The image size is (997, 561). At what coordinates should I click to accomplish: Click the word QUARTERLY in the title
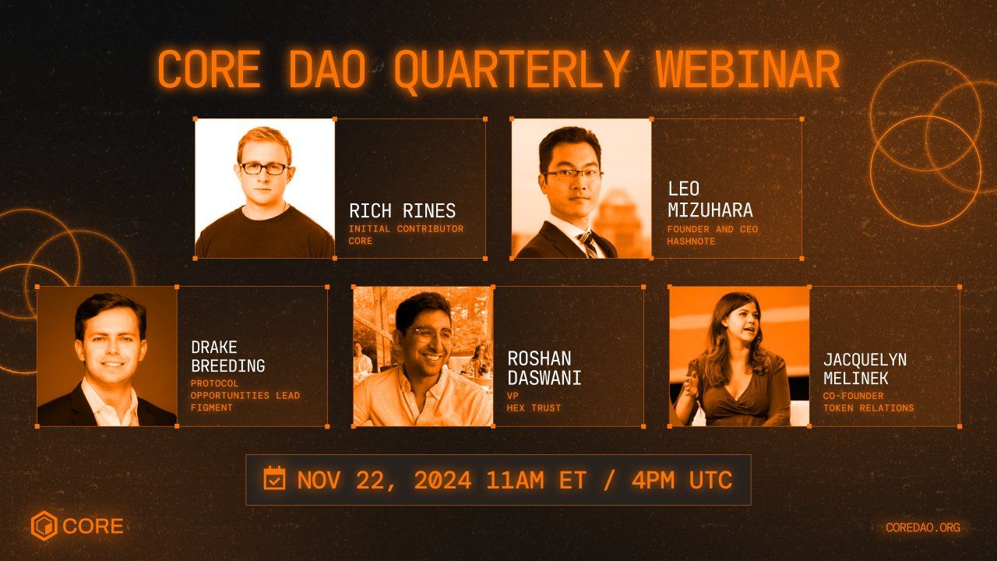coord(510,70)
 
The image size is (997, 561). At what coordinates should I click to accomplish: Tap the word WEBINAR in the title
coord(747,70)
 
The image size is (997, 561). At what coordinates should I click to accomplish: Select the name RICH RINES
coord(402,211)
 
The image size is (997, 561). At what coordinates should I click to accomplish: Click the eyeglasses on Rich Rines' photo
coord(264,168)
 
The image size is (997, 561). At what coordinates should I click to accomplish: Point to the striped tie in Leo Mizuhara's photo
coord(589,245)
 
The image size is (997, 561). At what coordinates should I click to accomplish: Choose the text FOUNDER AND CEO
coord(712,229)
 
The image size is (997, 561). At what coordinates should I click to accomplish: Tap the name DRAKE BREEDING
coord(227,356)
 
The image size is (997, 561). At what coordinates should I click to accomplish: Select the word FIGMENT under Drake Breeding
coord(212,408)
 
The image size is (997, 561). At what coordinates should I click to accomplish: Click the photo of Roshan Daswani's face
coord(424,335)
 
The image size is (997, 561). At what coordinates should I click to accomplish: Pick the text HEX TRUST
coord(534,408)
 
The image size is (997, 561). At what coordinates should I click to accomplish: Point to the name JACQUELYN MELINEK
coord(865,369)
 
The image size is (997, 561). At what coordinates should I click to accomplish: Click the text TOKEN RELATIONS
coord(868,408)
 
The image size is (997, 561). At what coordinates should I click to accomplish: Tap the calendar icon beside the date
coord(274,478)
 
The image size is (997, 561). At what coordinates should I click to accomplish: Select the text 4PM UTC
coord(682,480)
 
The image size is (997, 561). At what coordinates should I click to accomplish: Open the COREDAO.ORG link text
coord(922,527)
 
